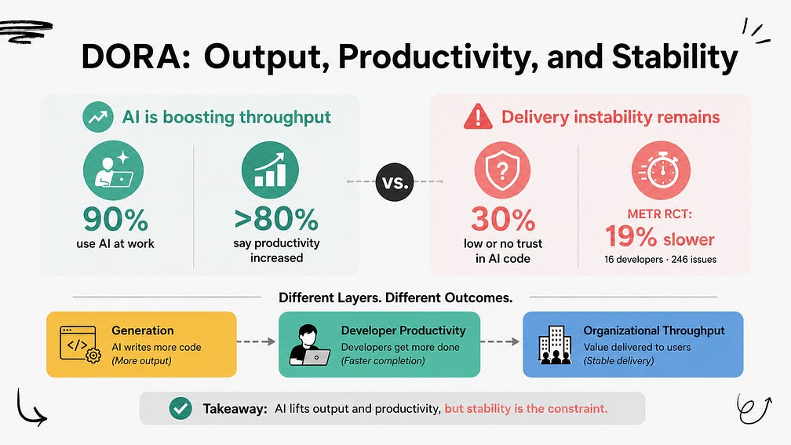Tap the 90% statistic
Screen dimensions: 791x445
[115, 220]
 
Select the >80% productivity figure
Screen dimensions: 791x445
[276, 219]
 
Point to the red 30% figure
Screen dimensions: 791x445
[503, 220]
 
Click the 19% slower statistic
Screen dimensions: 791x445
[660, 237]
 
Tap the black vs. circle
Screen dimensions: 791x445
[395, 181]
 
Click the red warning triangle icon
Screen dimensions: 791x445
[478, 116]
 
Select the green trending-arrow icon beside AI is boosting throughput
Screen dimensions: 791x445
[98, 117]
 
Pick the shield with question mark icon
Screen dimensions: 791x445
[502, 170]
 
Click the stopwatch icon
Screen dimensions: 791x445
[661, 170]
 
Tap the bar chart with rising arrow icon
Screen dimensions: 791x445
[270, 170]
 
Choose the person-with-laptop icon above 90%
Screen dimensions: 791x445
[114, 170]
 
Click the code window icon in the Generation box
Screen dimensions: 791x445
[80, 345]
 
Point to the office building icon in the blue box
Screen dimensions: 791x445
[555, 345]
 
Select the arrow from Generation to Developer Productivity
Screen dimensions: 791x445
[257, 341]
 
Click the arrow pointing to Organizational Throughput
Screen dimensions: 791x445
[501, 341]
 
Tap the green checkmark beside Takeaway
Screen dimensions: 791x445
[180, 408]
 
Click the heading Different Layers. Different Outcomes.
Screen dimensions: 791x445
[395, 297]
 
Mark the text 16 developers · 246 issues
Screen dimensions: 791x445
[661, 259]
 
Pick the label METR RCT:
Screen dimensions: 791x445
[660, 214]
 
